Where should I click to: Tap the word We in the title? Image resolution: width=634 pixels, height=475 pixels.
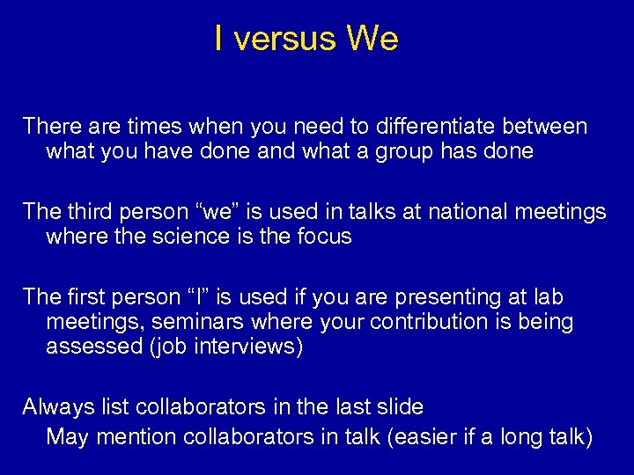[372, 39]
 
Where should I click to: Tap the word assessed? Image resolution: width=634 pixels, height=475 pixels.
[86, 347]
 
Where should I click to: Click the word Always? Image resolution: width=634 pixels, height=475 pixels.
[54, 407]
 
